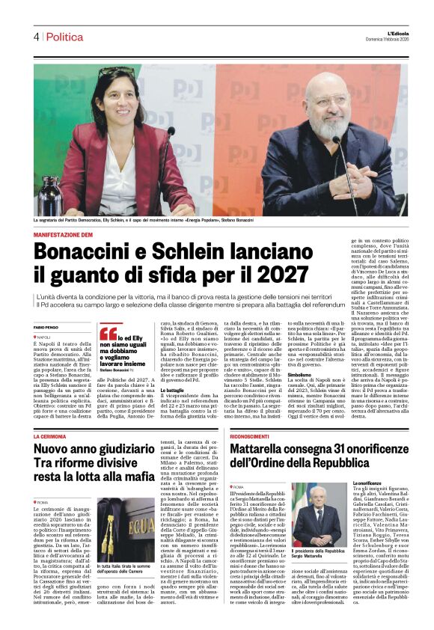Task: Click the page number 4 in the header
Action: (x=35, y=37)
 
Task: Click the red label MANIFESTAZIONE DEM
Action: (x=67, y=235)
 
